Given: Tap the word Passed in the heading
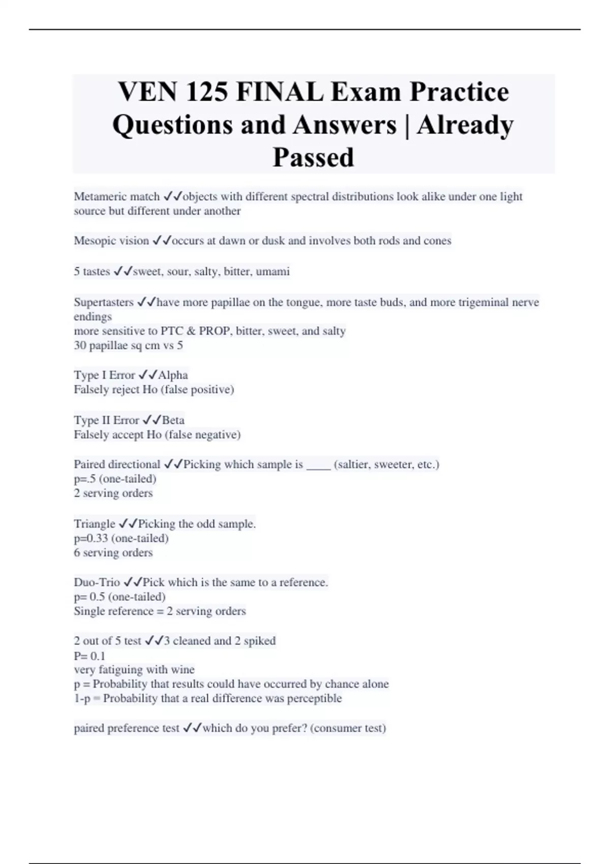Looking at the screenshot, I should [x=313, y=157].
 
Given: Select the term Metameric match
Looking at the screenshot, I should [x=116, y=197].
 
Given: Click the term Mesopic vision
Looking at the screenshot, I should [x=111, y=241].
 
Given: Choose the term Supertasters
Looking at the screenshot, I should [x=104, y=302].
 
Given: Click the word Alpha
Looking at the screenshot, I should [x=173, y=375].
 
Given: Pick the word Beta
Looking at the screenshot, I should [x=173, y=420].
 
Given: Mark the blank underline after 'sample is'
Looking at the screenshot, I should [x=318, y=466].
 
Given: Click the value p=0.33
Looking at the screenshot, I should [x=91, y=538].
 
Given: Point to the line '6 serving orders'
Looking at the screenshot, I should [x=113, y=553].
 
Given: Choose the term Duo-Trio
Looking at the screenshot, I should [x=97, y=582].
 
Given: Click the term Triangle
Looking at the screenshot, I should [x=95, y=524].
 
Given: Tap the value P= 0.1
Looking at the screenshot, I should [x=89, y=656].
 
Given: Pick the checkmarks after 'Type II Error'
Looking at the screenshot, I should [x=151, y=420].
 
